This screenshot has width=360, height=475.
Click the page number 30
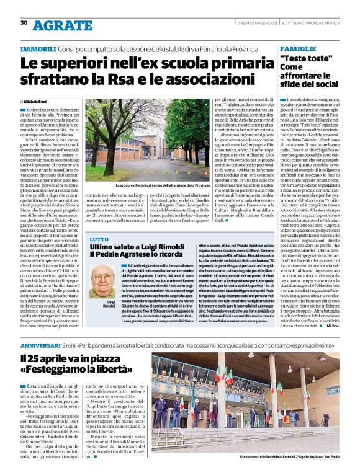pos(24,23)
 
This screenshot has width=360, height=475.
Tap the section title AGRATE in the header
pos(55,25)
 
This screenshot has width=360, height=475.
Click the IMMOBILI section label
pos(38,48)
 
